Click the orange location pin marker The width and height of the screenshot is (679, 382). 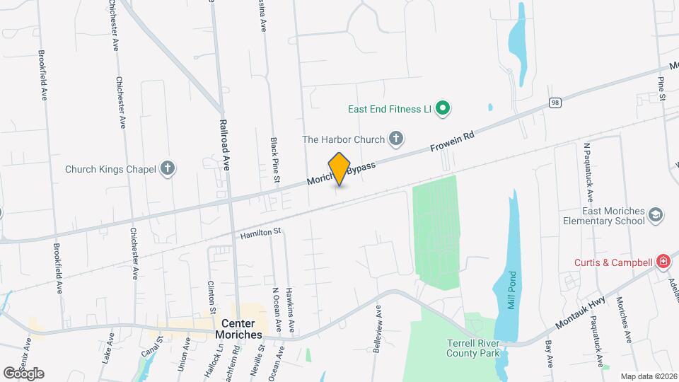click(x=339, y=169)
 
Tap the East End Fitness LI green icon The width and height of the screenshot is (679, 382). click(x=443, y=109)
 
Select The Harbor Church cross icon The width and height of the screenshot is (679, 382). click(x=397, y=139)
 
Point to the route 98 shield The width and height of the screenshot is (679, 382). click(x=555, y=103)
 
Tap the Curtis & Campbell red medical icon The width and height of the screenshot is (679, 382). click(x=663, y=262)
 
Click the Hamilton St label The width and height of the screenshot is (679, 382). click(x=261, y=232)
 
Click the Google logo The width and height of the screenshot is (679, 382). click(x=23, y=373)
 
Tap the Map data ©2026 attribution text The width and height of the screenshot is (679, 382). click(x=648, y=376)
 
